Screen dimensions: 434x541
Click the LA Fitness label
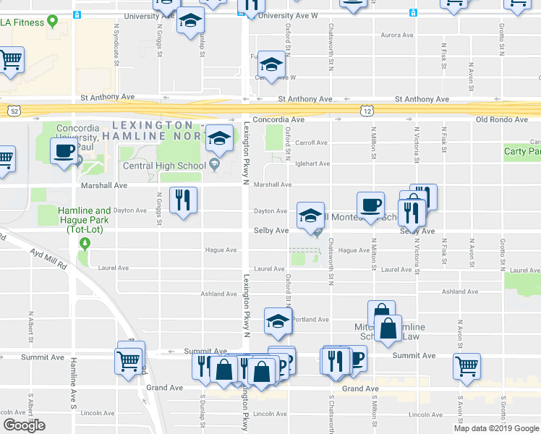[x=22, y=22]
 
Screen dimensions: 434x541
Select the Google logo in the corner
[x=24, y=426]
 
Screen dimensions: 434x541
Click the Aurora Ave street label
[x=396, y=35]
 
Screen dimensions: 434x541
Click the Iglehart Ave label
[x=312, y=163]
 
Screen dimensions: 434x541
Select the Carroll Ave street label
[x=311, y=142]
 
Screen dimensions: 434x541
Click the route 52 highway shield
[x=14, y=110]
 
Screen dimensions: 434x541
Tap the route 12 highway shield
[x=367, y=110]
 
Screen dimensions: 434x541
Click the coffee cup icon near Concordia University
[x=64, y=151]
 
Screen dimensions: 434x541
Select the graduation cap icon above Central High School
[x=219, y=137]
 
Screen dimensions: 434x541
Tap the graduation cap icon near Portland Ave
[x=278, y=320]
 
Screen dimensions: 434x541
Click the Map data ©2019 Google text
[x=497, y=428]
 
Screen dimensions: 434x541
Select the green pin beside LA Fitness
[x=53, y=22]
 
